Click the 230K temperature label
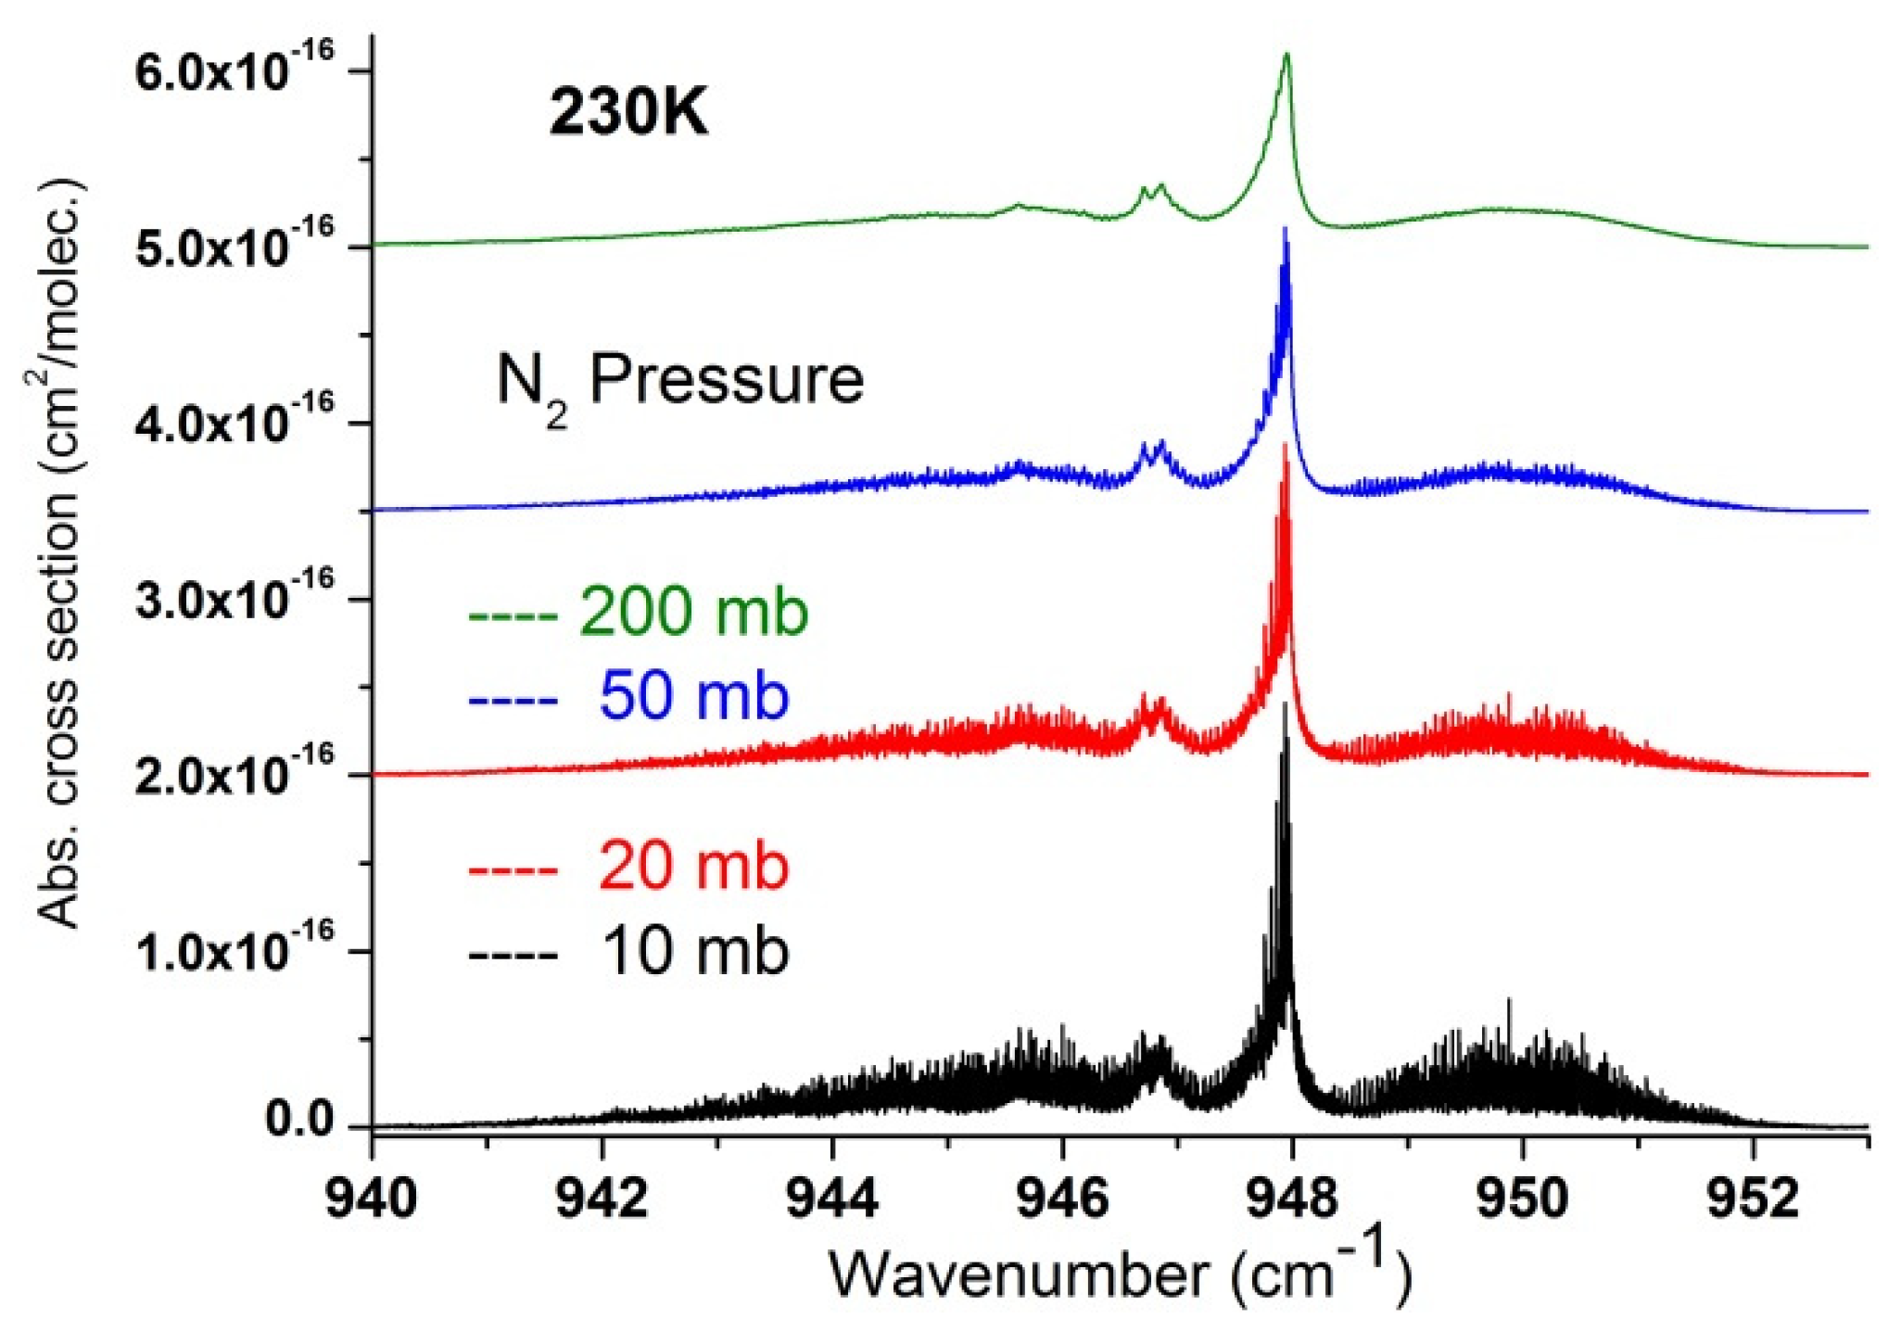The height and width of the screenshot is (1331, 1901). (x=628, y=114)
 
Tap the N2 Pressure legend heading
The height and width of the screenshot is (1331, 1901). (x=679, y=382)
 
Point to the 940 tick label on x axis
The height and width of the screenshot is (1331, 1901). (x=372, y=1198)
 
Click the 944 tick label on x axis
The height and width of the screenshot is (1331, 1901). (x=831, y=1198)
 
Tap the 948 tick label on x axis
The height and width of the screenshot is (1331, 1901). (x=1291, y=1198)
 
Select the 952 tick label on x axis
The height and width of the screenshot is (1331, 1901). (x=1751, y=1198)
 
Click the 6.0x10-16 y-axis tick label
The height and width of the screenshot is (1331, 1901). (x=234, y=70)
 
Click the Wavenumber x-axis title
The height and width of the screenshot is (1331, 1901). (x=1120, y=1272)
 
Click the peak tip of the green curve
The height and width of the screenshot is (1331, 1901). (x=1286, y=55)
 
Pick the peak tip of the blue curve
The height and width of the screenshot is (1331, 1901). (x=1285, y=228)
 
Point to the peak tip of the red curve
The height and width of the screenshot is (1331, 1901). (x=1285, y=445)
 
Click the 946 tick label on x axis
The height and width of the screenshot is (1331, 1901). (x=1062, y=1198)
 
